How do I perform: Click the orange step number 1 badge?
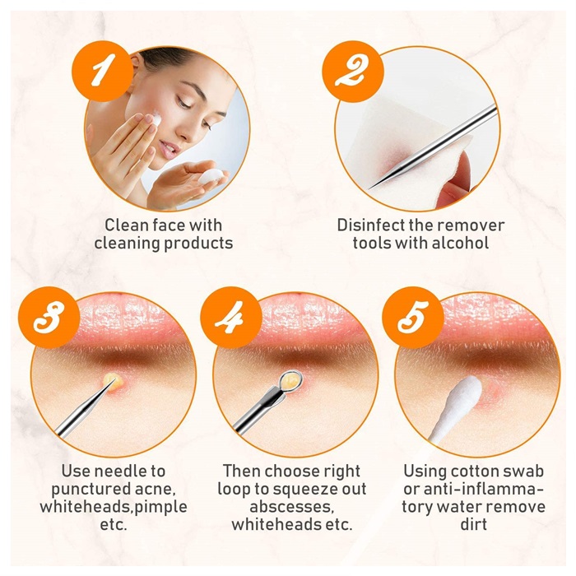[103, 71]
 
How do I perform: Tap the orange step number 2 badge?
[353, 71]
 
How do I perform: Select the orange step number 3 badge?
[49, 318]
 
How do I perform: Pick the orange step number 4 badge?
[231, 318]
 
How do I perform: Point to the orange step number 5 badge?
[412, 318]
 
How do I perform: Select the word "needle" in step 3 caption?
[120, 471]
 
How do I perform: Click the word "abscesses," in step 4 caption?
[291, 507]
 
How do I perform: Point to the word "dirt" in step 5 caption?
[473, 524]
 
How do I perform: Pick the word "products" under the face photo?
[198, 244]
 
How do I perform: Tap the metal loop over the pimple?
[290, 379]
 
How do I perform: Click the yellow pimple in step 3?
[114, 383]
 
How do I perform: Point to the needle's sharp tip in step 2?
[369, 188]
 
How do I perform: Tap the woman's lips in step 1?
[170, 150]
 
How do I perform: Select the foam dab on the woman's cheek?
[157, 118]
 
